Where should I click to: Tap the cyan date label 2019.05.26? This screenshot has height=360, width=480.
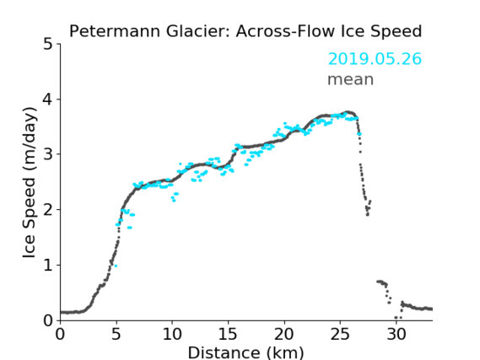coord(375,59)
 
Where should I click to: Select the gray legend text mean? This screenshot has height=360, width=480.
coord(351,79)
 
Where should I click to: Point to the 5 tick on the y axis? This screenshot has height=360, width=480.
coord(48,45)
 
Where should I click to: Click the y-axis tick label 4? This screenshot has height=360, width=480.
coord(48,99)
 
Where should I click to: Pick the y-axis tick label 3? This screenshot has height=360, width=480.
coord(48,154)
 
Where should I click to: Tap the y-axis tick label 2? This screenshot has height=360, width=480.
coord(48,210)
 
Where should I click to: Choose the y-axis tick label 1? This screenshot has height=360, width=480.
coord(48,266)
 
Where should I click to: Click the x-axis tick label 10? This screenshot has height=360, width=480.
coord(172,334)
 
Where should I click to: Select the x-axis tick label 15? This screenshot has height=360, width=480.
coord(229,334)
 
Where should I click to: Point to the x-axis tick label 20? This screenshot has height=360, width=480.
coord(284,334)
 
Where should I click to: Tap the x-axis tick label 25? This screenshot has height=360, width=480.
coord(341,334)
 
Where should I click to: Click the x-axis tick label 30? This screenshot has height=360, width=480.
coord(396,334)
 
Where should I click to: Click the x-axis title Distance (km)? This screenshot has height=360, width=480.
coord(245,352)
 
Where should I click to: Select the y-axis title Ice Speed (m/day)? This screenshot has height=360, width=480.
coord(30,182)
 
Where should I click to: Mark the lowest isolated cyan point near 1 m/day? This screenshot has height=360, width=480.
coord(116,266)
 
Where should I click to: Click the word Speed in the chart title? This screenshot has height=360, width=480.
coord(396,31)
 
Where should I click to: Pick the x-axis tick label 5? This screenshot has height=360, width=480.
coord(116,334)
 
